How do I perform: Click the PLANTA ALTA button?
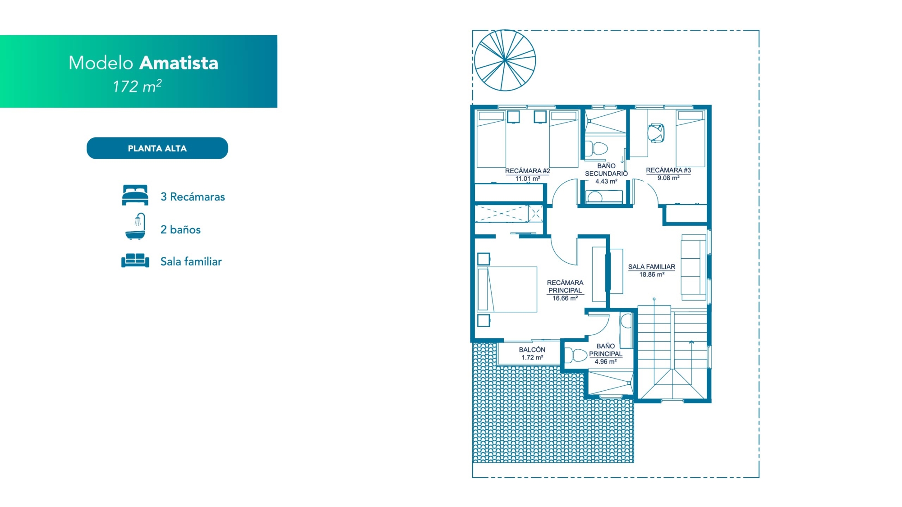pyautogui.click(x=157, y=148)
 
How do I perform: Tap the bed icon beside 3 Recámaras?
pyautogui.click(x=135, y=195)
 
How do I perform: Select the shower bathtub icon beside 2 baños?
pyautogui.click(x=135, y=226)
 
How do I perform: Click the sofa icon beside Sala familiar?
pyautogui.click(x=135, y=260)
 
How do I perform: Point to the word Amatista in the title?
pyautogui.click(x=179, y=63)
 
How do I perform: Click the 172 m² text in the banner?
pyautogui.click(x=137, y=86)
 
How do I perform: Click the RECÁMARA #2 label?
pyautogui.click(x=527, y=171)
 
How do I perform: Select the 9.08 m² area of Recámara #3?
pyautogui.click(x=668, y=178)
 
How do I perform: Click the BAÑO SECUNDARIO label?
pyautogui.click(x=606, y=170)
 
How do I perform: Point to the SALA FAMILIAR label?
pyautogui.click(x=652, y=267)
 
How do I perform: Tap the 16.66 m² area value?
pyautogui.click(x=565, y=298)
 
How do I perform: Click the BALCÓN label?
pyautogui.click(x=532, y=350)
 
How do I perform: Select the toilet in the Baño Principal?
pyautogui.click(x=576, y=355)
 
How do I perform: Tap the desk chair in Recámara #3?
pyautogui.click(x=656, y=133)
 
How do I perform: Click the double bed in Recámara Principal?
pyautogui.click(x=507, y=289)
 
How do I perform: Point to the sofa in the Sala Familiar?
pyautogui.click(x=694, y=267)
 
